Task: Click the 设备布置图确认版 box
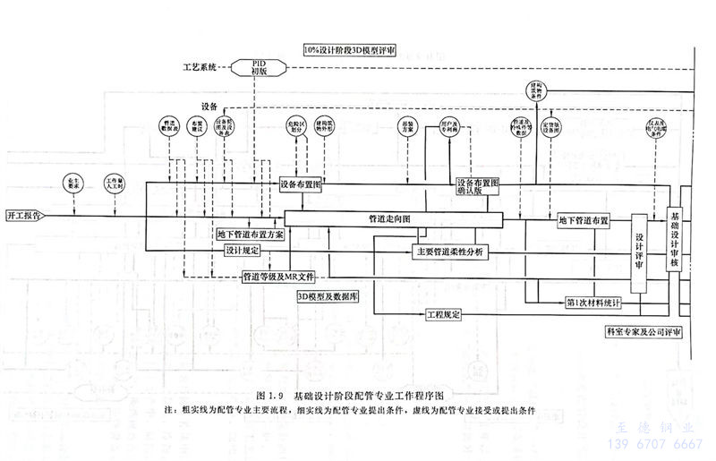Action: pyautogui.click(x=478, y=186)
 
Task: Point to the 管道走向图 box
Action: pyautogui.click(x=392, y=218)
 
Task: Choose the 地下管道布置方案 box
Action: pyautogui.click(x=251, y=234)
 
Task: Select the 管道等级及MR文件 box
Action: pyautogui.click(x=279, y=276)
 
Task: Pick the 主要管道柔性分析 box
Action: pyautogui.click(x=449, y=252)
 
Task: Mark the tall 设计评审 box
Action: pyautogui.click(x=639, y=253)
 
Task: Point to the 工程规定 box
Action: pyautogui.click(x=444, y=314)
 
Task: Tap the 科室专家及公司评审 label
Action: pyautogui.click(x=644, y=331)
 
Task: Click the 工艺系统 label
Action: pyautogui.click(x=200, y=66)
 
